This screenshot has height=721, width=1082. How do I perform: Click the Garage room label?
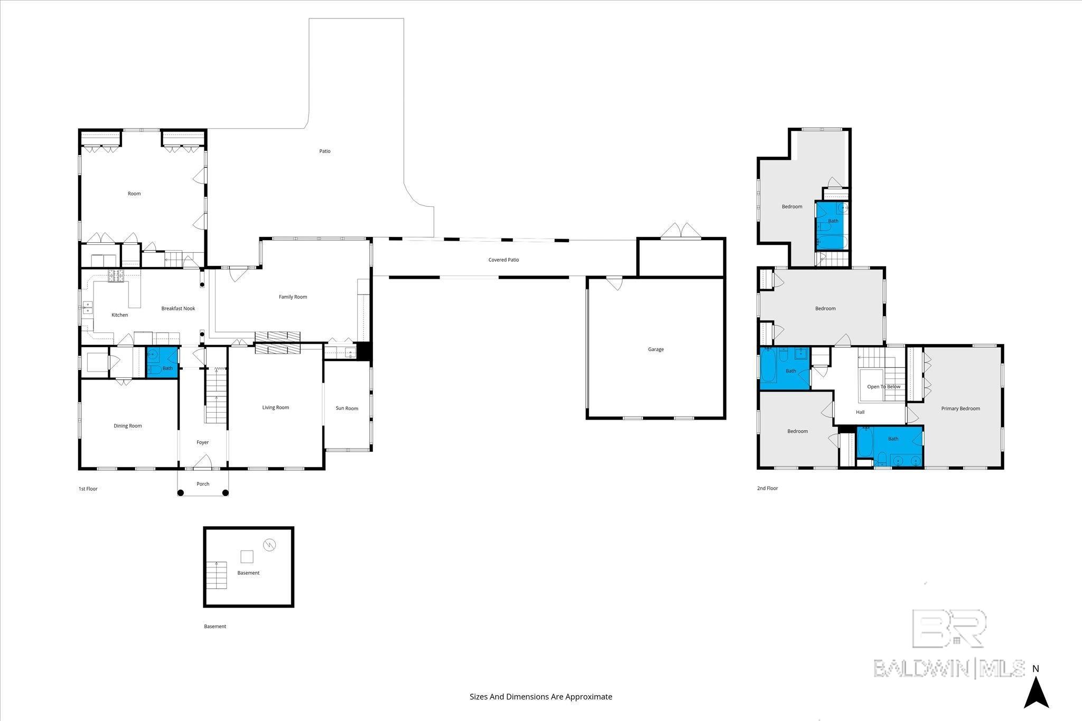656,349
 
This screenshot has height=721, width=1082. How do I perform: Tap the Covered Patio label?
503,260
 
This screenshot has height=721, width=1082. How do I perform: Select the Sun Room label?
347,408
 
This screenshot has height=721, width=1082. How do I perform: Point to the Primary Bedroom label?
960,409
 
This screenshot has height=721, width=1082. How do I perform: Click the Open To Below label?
884,387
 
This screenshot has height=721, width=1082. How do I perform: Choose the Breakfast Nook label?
178,309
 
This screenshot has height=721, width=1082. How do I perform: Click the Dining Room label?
128,426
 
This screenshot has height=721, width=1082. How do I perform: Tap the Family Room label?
293,297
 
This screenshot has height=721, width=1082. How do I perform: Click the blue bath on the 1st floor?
162,362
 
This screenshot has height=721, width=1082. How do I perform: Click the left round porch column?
180,493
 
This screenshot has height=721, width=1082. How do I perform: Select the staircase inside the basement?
217,576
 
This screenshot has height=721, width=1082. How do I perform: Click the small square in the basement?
247,556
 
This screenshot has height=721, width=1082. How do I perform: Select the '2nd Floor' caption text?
767,488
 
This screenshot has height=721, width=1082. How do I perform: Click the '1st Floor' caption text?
88,489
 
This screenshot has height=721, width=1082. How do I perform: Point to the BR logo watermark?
949,628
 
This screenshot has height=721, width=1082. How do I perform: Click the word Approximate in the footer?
589,697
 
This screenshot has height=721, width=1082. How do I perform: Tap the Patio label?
324,151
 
